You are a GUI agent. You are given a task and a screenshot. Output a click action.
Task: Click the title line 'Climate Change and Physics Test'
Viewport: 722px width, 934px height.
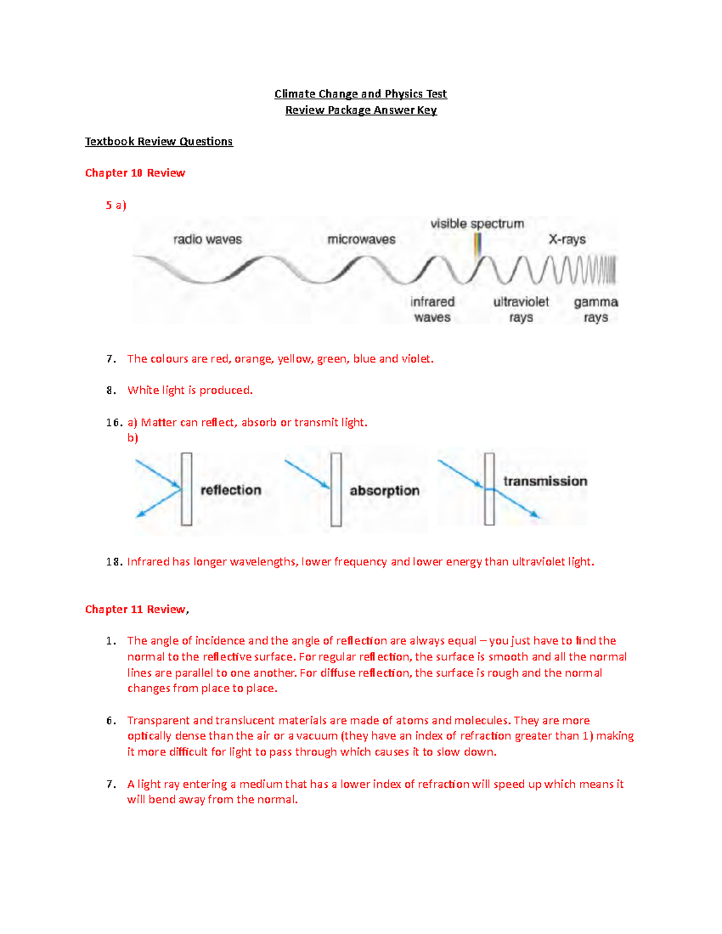coord(360,94)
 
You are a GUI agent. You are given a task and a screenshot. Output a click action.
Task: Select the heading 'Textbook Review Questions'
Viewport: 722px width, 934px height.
coord(159,141)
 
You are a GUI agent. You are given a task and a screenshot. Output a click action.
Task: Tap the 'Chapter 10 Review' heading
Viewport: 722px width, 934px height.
coord(135,173)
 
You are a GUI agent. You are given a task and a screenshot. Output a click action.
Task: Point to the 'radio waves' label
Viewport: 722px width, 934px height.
coord(208,239)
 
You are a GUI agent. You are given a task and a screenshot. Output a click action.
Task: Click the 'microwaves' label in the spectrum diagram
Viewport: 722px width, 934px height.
coord(361,239)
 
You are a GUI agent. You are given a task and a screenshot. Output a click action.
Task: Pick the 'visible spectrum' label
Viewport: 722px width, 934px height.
coord(477,224)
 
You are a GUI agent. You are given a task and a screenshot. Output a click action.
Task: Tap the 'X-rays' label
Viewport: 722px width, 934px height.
coord(567,239)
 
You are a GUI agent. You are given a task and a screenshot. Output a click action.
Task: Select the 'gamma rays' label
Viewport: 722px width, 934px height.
coord(596,310)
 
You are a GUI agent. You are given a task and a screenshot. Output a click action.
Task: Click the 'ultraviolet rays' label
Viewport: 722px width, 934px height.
coord(521,310)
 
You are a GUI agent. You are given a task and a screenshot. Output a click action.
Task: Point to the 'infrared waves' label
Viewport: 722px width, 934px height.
coord(432,310)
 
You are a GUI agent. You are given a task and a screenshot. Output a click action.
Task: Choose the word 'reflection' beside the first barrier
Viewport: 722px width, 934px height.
coord(230,490)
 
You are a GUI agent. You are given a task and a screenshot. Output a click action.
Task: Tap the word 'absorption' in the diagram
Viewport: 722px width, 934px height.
coord(384,491)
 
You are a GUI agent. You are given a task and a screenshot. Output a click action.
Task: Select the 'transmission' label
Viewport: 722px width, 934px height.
coord(545,481)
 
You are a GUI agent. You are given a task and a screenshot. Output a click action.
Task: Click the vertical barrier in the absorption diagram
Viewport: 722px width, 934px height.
coord(336,490)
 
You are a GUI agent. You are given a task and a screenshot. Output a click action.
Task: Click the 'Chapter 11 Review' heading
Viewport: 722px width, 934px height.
coord(135,609)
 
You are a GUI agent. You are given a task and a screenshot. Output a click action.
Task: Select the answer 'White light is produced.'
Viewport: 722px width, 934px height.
coord(190,390)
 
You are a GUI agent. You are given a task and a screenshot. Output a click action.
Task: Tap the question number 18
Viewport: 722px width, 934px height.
coord(113,562)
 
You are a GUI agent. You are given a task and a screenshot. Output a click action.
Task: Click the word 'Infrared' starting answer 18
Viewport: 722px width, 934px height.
coord(148,562)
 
